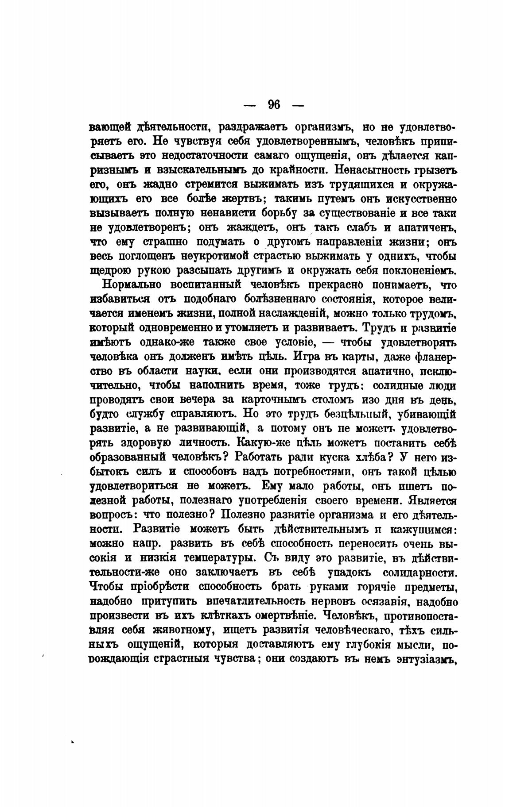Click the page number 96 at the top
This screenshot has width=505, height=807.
click(274, 105)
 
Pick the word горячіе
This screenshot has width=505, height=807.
click(377, 587)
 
